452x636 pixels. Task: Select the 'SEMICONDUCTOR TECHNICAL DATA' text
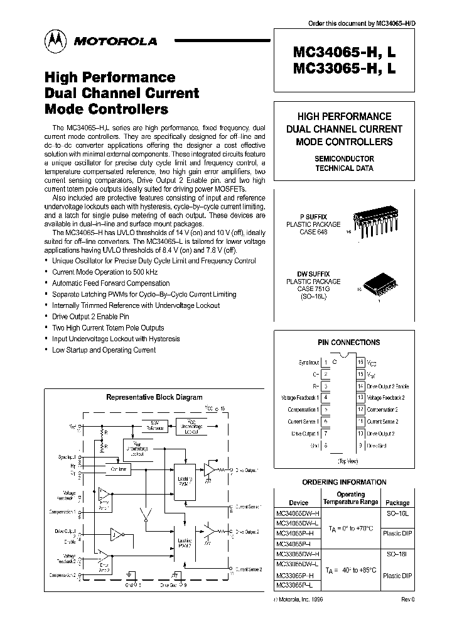[x=344, y=163]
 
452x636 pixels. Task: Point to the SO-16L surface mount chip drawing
[x=377, y=287]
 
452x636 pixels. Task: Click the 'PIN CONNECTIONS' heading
[x=348, y=343]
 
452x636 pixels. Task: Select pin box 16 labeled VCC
[x=360, y=363]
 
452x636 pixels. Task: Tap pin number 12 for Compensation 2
[x=360, y=410]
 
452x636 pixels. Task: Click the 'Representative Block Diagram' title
[x=154, y=397]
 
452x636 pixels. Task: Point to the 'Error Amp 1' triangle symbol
[x=104, y=496]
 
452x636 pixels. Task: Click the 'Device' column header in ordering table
[x=298, y=503]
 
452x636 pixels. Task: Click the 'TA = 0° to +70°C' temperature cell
[x=351, y=529]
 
